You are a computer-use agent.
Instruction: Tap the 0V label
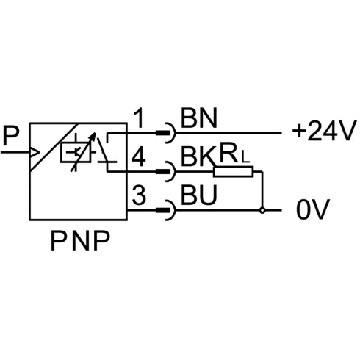tap(311, 210)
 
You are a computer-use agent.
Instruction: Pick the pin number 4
tap(137, 156)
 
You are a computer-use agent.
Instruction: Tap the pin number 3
tap(137, 195)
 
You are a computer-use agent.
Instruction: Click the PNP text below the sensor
tap(76, 240)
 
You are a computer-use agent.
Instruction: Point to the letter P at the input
tap(10, 135)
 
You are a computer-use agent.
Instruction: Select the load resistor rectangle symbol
tap(233, 173)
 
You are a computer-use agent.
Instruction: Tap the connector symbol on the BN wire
tap(166, 133)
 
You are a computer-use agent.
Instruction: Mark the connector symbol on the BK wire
tap(166, 173)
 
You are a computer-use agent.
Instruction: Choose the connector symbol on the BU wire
tap(166, 211)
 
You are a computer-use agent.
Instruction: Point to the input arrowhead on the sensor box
tap(33, 154)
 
